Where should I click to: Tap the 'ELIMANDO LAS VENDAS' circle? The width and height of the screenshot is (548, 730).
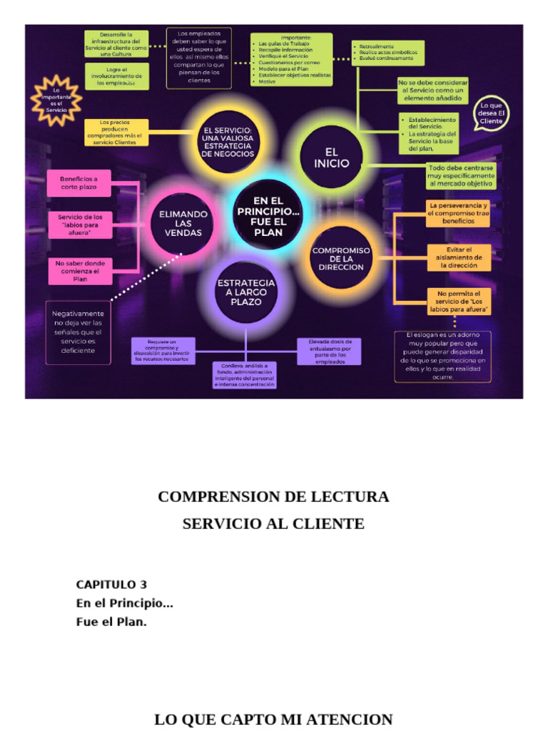[x=183, y=222]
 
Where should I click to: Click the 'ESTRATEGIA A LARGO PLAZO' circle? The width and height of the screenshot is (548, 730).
[x=245, y=292]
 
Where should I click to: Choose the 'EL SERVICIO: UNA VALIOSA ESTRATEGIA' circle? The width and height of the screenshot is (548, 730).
[x=228, y=142]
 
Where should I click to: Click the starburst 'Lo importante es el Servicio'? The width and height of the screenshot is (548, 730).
[x=57, y=101]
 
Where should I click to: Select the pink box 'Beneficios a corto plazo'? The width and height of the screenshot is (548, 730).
[x=79, y=184]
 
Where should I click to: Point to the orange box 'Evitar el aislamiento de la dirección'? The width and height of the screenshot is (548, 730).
[x=459, y=257]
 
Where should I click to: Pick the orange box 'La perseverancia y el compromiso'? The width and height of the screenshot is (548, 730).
[x=458, y=213]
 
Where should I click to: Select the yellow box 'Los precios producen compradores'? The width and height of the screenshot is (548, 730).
[x=116, y=133]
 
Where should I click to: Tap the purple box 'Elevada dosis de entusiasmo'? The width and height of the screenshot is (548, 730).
[x=329, y=351]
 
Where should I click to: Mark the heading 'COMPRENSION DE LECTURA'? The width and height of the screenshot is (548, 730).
[x=273, y=497]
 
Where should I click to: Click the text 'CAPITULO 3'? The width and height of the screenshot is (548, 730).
[x=111, y=585]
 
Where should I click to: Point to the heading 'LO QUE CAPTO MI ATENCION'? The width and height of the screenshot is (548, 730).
[x=273, y=719]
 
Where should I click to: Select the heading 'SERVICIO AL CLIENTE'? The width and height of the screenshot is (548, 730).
[x=273, y=524]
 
